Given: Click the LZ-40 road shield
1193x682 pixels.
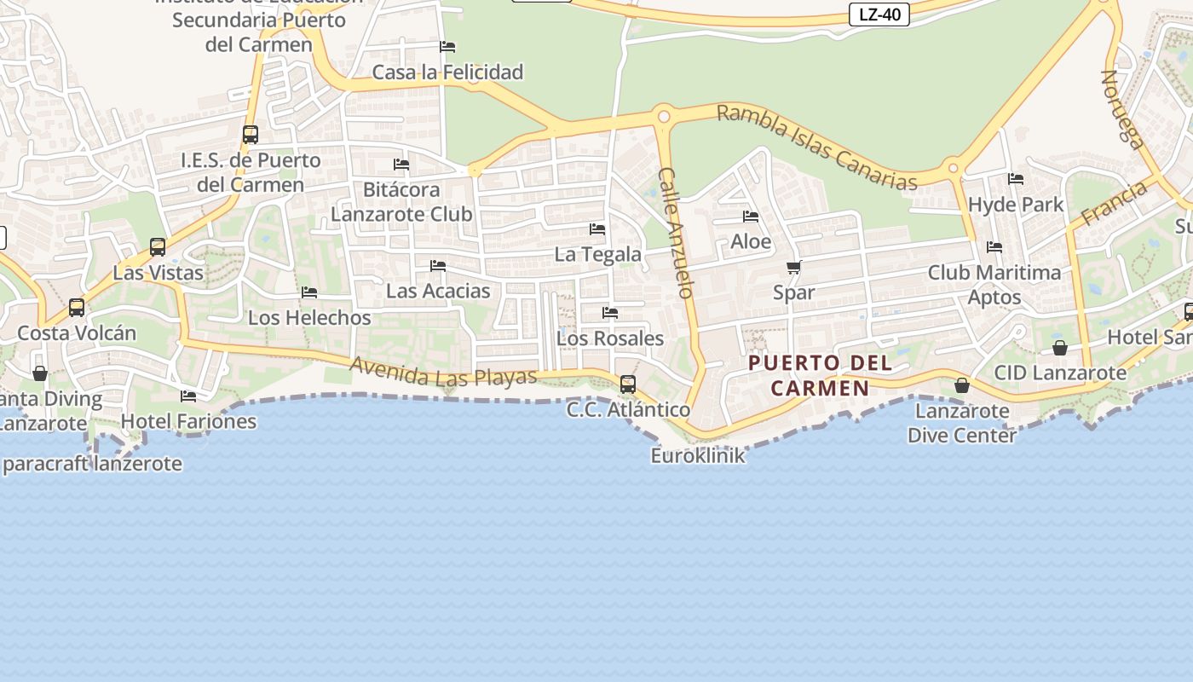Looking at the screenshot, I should (879, 14).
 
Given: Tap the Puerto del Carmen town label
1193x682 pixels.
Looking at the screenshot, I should (820, 376).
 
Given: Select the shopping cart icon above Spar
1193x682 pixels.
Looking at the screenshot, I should (793, 268).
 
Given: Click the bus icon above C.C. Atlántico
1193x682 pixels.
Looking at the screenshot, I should (628, 384).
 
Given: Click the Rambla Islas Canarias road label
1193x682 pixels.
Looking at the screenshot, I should (816, 147).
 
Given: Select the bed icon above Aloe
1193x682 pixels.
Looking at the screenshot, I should (751, 217).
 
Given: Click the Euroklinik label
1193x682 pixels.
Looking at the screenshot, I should (698, 455).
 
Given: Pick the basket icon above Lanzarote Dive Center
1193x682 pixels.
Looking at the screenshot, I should (962, 385).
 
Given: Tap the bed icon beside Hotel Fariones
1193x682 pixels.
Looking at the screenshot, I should (188, 396).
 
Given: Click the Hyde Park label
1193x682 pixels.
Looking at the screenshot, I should (1016, 205).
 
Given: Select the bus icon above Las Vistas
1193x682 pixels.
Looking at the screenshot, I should (158, 247).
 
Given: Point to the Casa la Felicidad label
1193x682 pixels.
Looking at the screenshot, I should (447, 72).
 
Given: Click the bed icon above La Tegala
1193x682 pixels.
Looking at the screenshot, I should (597, 229).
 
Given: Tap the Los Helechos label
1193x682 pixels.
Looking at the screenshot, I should (309, 318).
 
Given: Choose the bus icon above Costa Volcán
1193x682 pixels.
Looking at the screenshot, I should (77, 308).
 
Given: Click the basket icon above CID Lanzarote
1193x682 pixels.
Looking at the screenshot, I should (1060, 348).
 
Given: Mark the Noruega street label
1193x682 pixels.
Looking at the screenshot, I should (1122, 109).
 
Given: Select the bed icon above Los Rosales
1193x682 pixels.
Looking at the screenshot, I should (610, 313).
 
